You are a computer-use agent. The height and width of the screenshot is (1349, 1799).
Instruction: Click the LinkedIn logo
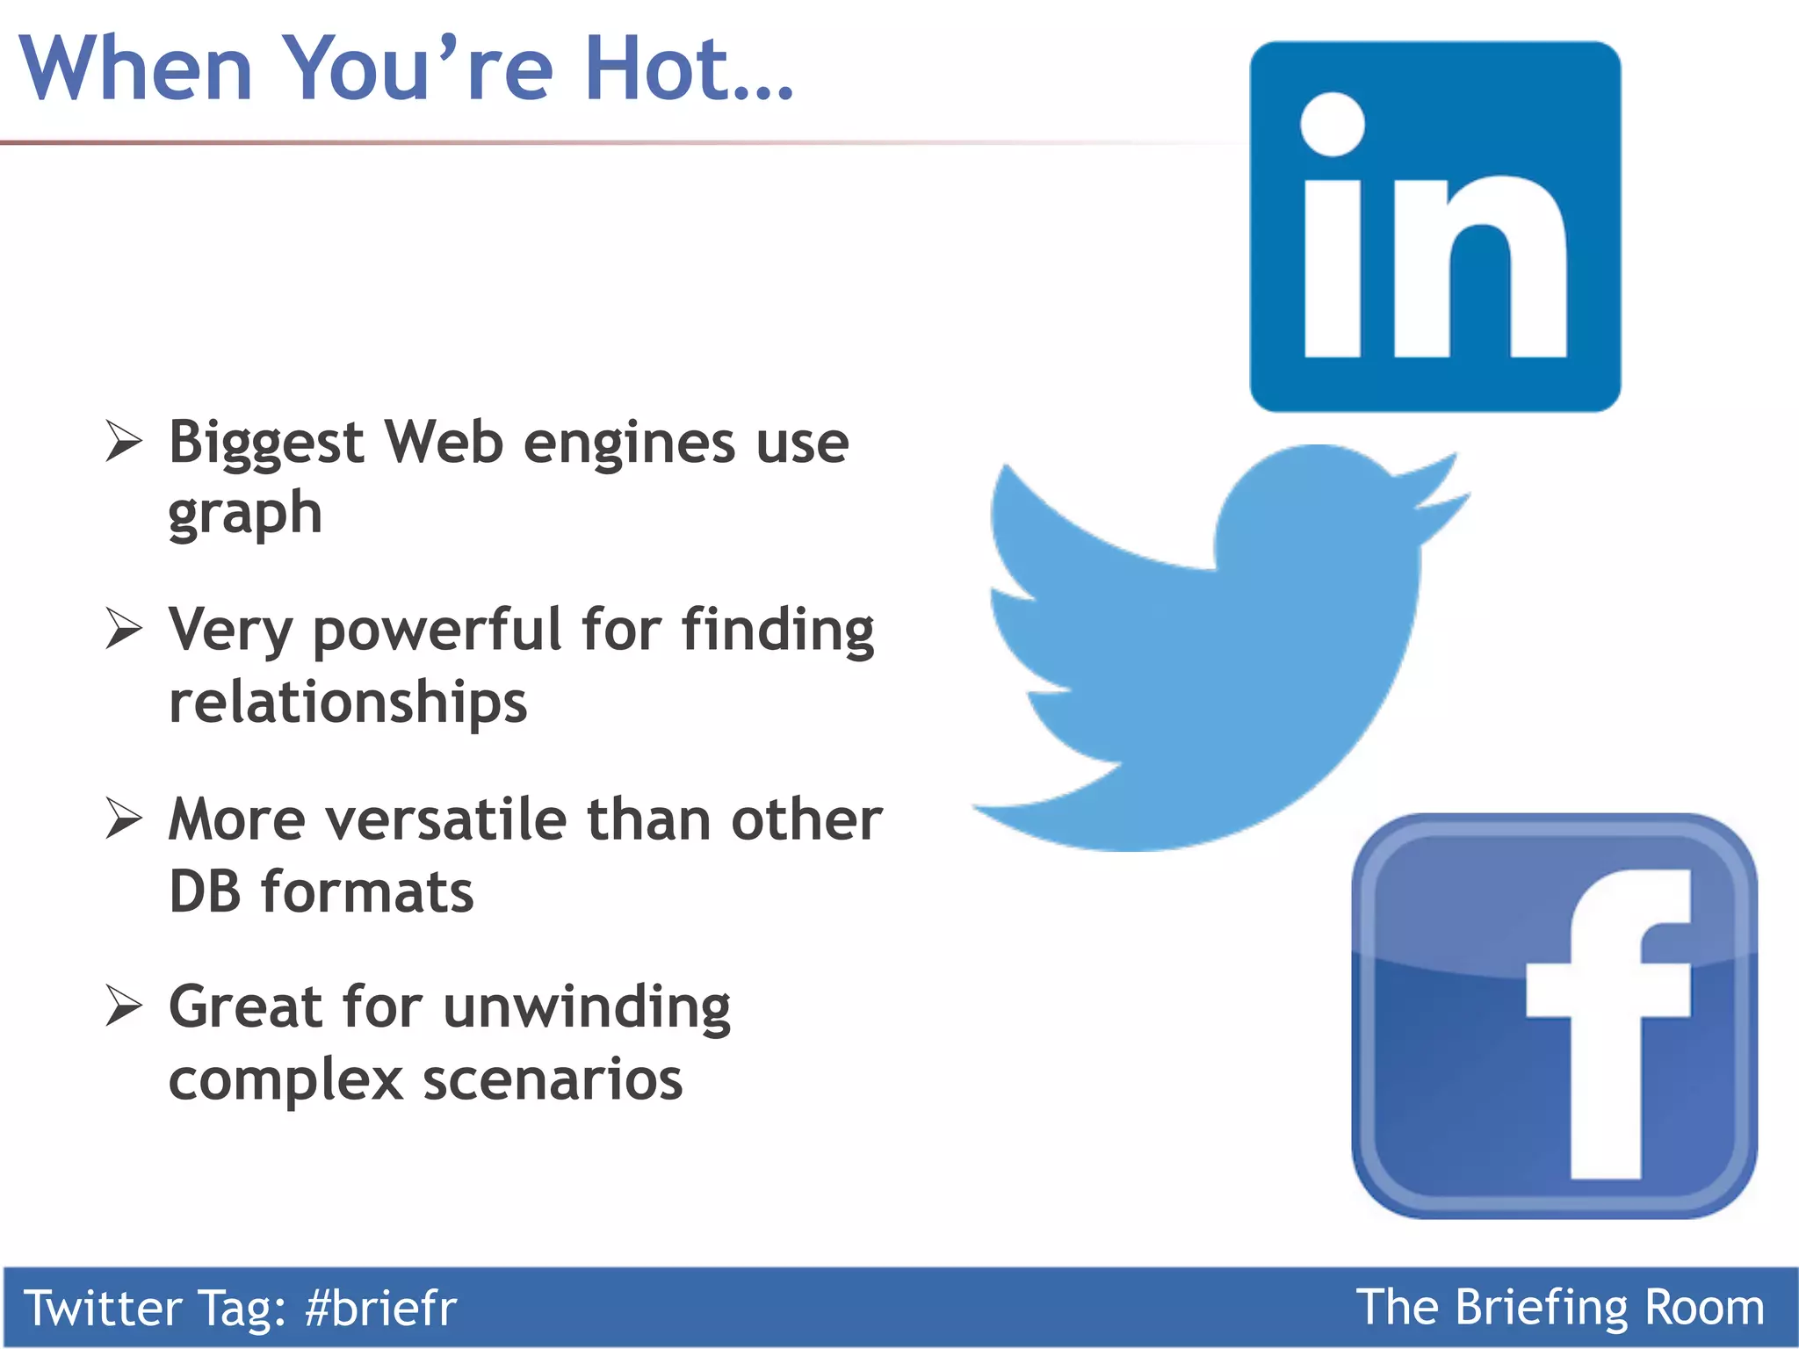[1434, 227]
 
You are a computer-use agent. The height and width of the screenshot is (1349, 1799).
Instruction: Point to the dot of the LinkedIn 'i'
[1333, 124]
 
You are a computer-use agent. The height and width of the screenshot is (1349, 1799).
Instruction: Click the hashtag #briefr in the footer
[380, 1308]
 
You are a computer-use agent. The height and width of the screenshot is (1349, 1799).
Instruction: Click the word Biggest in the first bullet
[266, 444]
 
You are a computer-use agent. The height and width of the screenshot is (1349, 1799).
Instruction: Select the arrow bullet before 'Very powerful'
[123, 629]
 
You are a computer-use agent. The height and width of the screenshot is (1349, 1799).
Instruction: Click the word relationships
[348, 703]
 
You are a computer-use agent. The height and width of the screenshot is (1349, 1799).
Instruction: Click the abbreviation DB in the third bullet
[205, 892]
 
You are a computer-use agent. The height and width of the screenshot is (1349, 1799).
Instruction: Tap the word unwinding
[587, 1007]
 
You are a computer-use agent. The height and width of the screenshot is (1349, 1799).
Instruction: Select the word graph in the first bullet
[245, 516]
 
